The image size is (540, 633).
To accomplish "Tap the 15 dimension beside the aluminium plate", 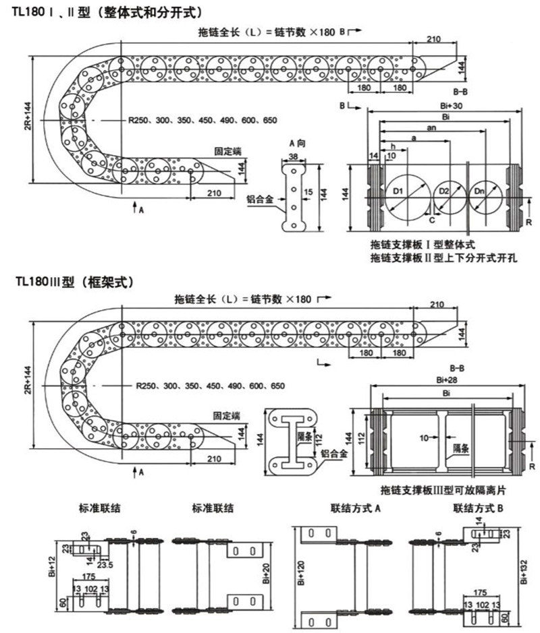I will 308,192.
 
